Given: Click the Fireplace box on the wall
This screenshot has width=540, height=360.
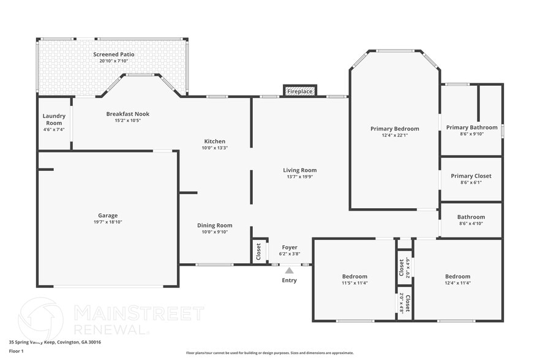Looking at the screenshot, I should [x=300, y=91].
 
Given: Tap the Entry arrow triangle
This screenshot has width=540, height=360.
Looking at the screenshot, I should [x=289, y=270].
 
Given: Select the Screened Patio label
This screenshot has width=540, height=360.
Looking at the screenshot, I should [x=114, y=54].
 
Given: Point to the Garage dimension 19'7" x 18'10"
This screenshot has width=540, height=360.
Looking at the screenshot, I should [x=108, y=222].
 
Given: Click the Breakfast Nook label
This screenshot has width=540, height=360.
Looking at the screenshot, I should [x=127, y=114].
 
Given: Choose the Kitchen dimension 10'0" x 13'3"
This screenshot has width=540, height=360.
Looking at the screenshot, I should [x=214, y=148].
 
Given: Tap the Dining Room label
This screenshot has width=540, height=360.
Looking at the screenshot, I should [x=214, y=225].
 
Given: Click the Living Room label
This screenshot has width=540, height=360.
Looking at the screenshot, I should [x=299, y=170].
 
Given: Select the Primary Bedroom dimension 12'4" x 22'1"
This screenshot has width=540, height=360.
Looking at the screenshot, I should [x=394, y=135].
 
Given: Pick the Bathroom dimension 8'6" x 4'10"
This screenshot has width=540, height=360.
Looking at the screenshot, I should [x=471, y=223].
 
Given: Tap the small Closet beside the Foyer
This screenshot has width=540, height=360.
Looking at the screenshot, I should [x=259, y=251].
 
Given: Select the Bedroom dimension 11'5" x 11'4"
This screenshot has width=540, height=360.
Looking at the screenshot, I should [x=354, y=283].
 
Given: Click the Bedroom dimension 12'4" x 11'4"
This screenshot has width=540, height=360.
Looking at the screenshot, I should [x=457, y=283].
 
